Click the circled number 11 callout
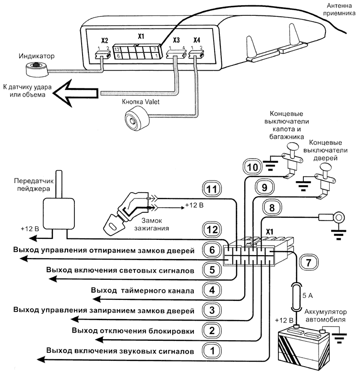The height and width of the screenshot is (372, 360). coord(211,189)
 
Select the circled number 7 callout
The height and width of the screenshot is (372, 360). coord(308,262)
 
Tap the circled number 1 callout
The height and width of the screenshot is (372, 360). coord(211,350)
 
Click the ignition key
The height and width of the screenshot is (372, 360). coord(115,221)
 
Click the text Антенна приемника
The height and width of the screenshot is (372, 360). coord(340,9)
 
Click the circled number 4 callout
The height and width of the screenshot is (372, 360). coord(211,290)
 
